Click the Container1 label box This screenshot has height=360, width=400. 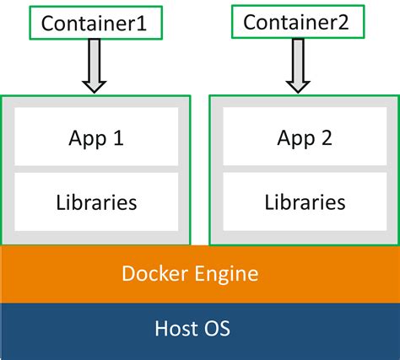(95, 24)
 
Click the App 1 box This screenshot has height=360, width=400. (95, 137)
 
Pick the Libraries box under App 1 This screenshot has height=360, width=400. (95, 202)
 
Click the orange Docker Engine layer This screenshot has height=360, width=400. (200, 273)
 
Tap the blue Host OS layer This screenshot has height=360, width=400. (200, 330)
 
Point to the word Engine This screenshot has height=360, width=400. (227, 274)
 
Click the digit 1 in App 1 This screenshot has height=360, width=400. (118, 137)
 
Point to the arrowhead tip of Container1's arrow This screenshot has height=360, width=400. (95, 90)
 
